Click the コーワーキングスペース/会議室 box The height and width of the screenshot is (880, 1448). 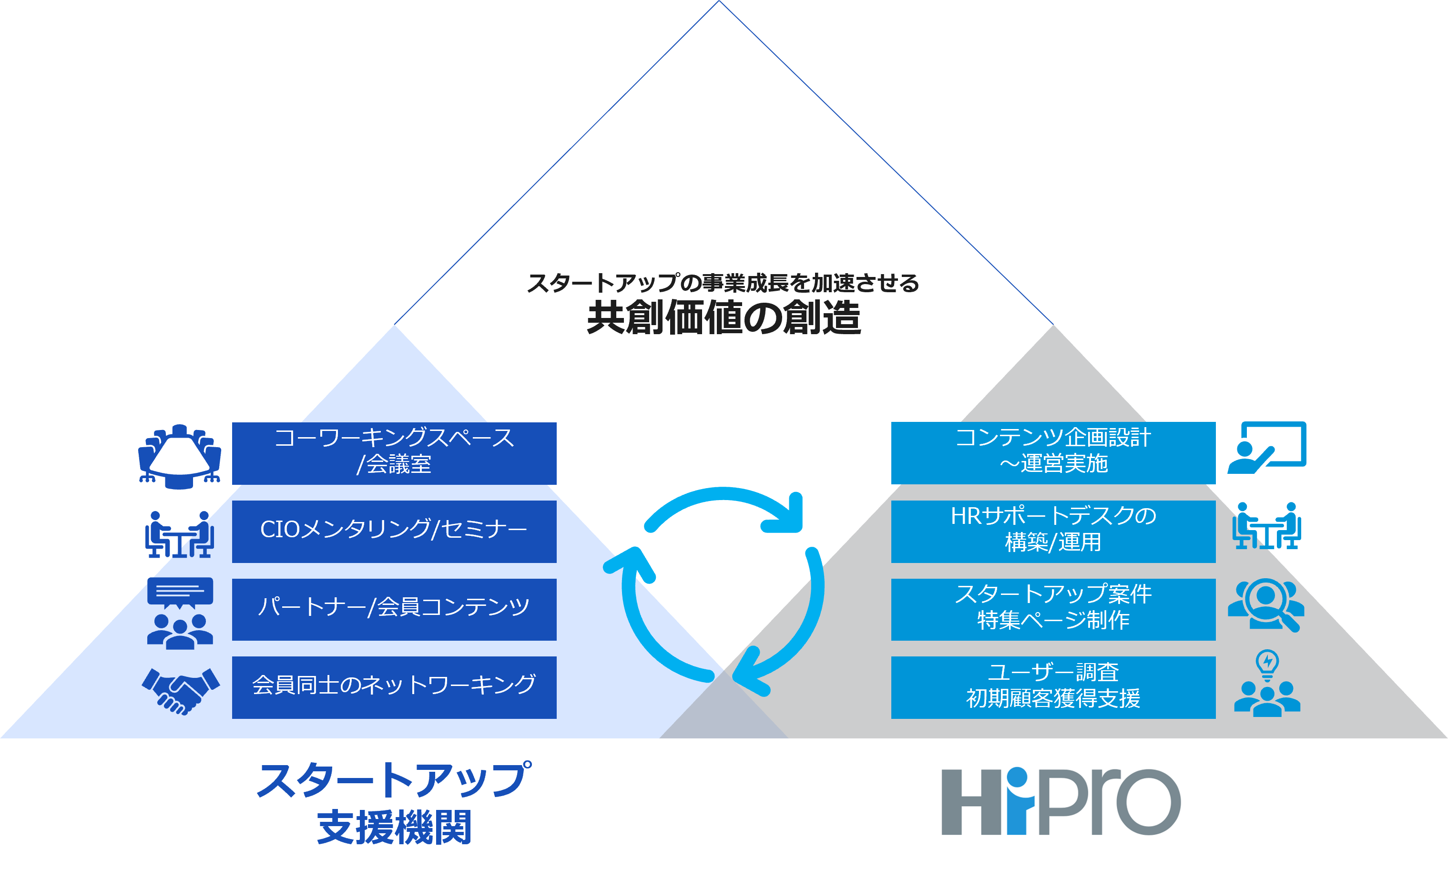pos(394,453)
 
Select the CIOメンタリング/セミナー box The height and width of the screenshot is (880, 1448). pos(394,532)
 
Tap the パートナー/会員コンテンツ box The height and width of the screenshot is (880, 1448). pos(394,609)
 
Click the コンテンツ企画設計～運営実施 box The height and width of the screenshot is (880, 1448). pos(1053,453)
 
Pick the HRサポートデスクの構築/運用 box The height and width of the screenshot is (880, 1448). pos(1053,532)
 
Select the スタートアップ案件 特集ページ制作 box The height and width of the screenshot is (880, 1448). pos(1053,609)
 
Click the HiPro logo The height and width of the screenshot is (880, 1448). pos(1059,796)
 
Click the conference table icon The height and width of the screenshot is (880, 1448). pos(179,456)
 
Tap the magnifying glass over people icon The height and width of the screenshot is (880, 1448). pos(1266,605)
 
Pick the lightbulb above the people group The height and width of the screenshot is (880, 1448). pos(1267,664)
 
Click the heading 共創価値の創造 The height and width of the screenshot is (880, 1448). pos(724,318)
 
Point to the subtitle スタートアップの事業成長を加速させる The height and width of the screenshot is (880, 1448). pos(723,283)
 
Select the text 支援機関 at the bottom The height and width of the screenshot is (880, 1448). pos(394,828)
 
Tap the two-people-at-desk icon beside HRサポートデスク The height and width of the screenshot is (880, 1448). pos(1266,526)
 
